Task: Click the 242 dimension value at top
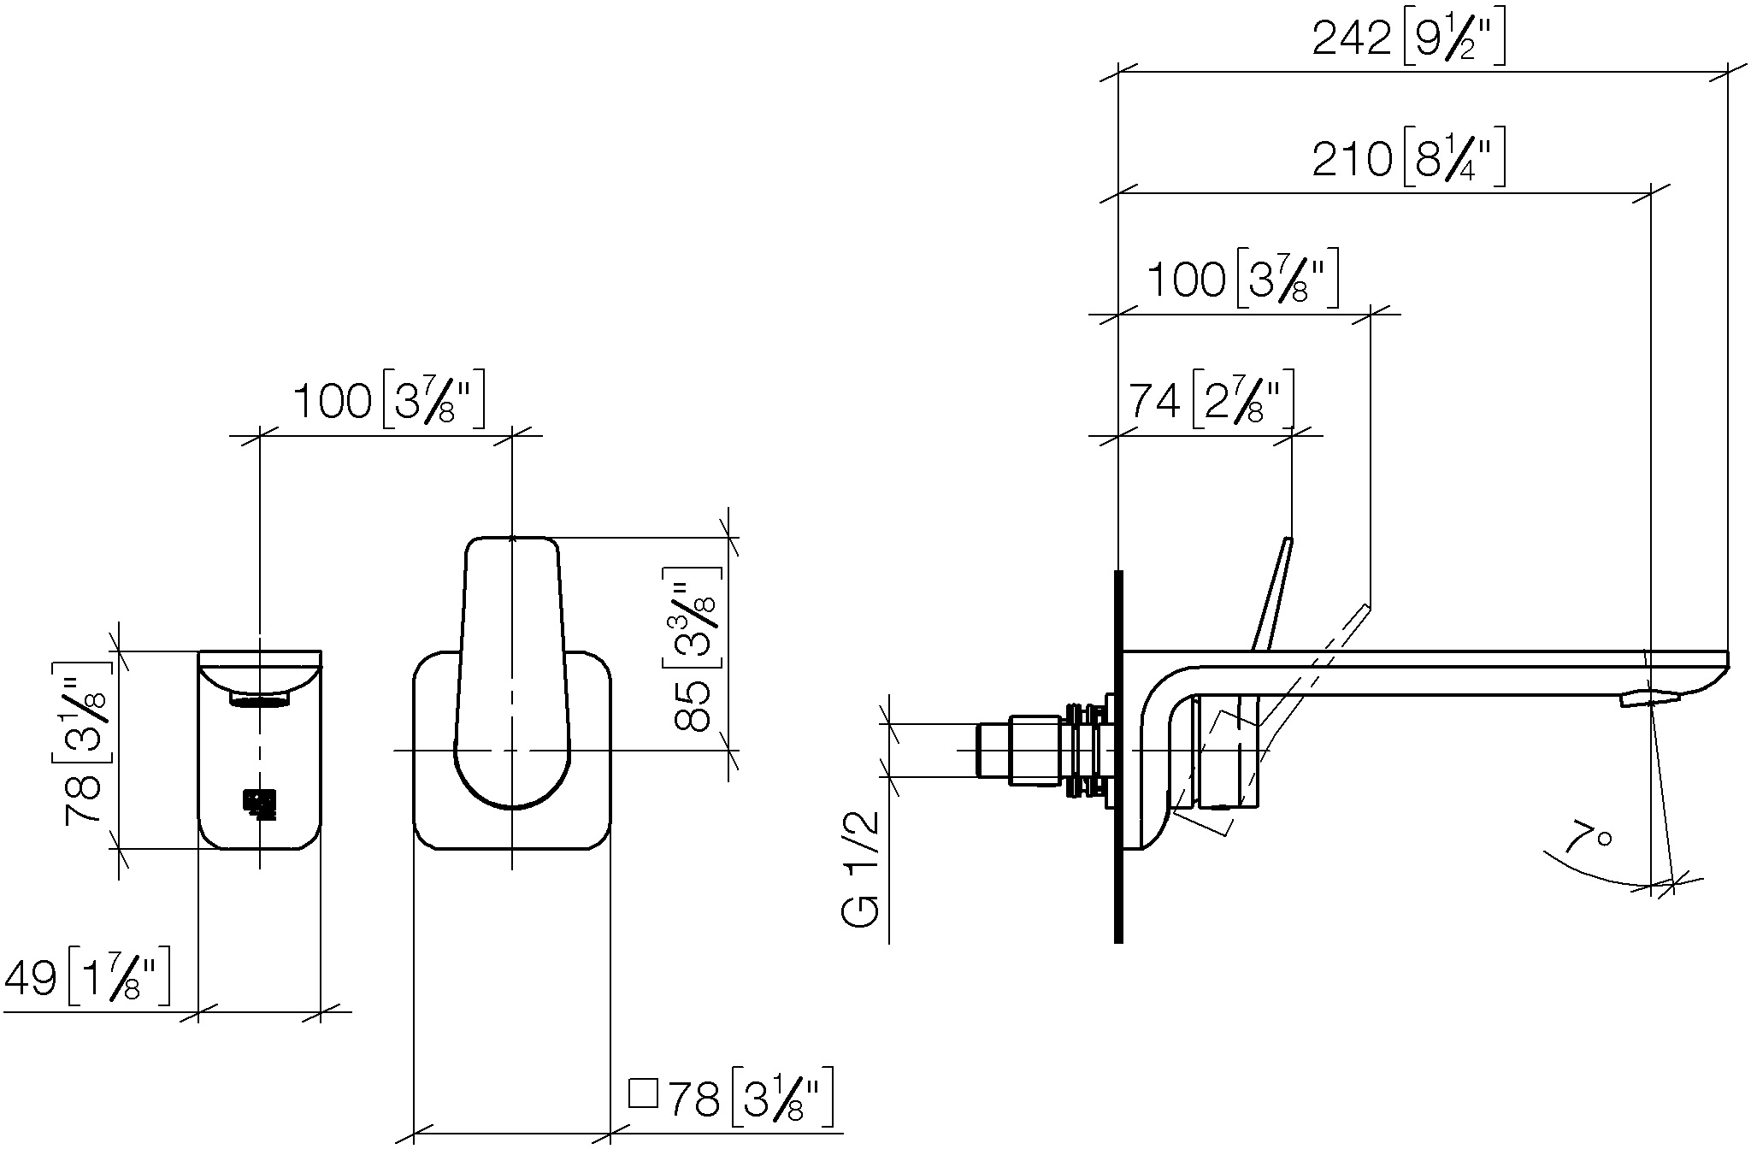(1352, 39)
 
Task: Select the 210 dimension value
(1352, 159)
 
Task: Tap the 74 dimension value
(1156, 400)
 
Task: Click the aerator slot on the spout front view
(260, 701)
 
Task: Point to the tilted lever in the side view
(1272, 594)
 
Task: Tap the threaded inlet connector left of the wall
(1046, 750)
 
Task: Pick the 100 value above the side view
(1185, 280)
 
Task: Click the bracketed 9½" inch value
(1454, 40)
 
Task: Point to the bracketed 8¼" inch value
(1454, 160)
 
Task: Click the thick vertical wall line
(1118, 756)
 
